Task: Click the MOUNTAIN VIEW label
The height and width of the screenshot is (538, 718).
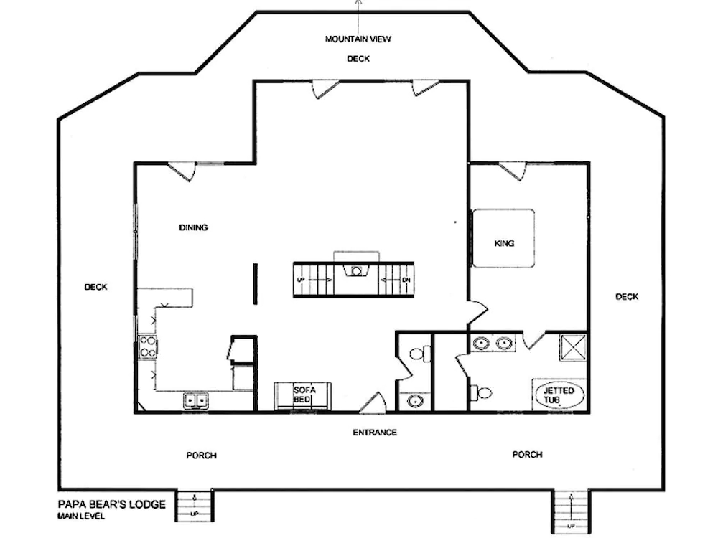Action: (x=358, y=39)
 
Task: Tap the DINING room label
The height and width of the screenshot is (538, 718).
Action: (x=193, y=227)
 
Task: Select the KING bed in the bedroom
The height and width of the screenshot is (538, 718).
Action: (x=504, y=238)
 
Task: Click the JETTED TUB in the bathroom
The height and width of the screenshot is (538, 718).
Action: (x=559, y=395)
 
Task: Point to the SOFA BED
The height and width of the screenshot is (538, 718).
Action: (x=303, y=396)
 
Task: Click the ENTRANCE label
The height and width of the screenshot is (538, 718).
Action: (x=375, y=433)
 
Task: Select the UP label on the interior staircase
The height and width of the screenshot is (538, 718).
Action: (x=301, y=280)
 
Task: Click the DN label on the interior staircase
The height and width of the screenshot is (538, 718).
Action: (x=406, y=280)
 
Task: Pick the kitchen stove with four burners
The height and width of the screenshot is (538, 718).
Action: (x=147, y=346)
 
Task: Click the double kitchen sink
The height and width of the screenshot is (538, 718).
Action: (x=196, y=401)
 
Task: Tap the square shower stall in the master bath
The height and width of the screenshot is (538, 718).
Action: (x=573, y=348)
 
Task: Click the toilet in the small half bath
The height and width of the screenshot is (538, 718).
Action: (x=420, y=354)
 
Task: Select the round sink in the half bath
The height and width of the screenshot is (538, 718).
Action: (x=416, y=401)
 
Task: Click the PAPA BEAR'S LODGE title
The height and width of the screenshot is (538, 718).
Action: (x=112, y=504)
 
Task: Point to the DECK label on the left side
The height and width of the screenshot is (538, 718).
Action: (x=95, y=288)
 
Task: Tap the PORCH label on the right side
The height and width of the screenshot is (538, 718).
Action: (x=528, y=455)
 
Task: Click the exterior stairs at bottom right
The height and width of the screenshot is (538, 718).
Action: (x=571, y=511)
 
